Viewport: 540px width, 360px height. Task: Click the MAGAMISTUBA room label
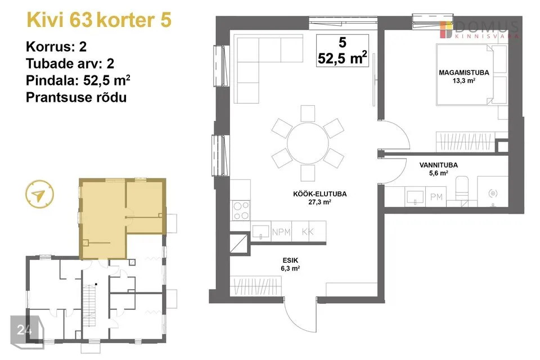(464, 73)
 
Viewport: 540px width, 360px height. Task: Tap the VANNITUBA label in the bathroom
(438, 165)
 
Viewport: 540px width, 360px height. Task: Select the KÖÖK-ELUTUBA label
(319, 194)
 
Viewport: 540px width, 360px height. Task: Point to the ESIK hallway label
(290, 260)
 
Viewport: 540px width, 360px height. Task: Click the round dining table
(308, 143)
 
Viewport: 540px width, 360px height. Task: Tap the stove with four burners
(241, 211)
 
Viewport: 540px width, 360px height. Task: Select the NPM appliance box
(281, 232)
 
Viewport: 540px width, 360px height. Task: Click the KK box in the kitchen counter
(308, 232)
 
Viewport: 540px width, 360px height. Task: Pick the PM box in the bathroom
(436, 197)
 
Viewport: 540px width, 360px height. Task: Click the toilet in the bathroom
(462, 192)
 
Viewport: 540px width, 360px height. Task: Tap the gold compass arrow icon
(39, 194)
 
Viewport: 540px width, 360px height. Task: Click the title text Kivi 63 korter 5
(99, 20)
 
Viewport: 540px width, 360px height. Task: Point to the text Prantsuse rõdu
(76, 97)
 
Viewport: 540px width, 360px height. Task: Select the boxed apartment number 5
(343, 43)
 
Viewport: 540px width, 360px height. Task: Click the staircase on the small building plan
(89, 302)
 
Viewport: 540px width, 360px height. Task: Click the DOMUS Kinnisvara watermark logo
(479, 30)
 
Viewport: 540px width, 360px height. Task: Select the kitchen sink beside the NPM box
(260, 232)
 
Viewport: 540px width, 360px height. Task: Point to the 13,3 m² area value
(464, 81)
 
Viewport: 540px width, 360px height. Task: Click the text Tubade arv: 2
(70, 64)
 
